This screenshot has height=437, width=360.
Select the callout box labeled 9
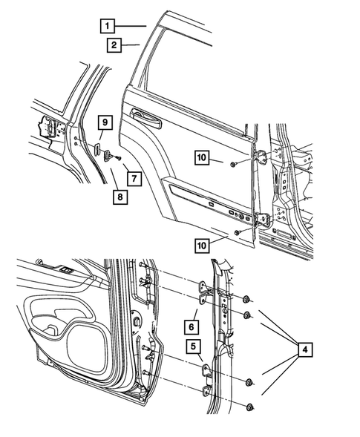[x=105, y=122]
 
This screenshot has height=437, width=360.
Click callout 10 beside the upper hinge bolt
[x=202, y=157]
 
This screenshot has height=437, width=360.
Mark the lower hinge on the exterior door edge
[x=262, y=220]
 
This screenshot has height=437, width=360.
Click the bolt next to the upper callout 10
[x=233, y=162]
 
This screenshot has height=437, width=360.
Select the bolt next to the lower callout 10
[x=237, y=233]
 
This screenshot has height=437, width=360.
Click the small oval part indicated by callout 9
[x=96, y=148]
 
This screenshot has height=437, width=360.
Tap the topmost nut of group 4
[x=245, y=299]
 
